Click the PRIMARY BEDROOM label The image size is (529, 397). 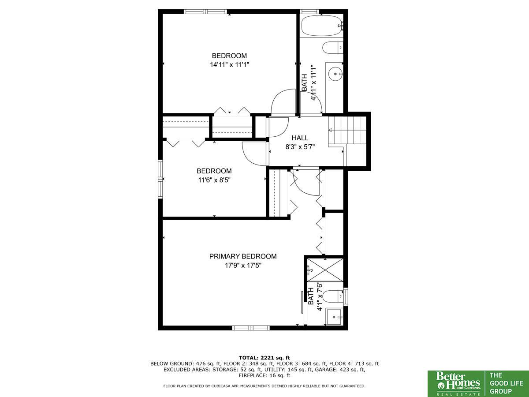pyautogui.click(x=243, y=256)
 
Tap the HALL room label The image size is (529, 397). pyautogui.click(x=300, y=138)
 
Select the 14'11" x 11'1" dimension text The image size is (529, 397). pyautogui.click(x=229, y=64)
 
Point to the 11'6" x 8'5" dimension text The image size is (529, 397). pyautogui.click(x=214, y=180)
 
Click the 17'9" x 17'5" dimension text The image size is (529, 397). pyautogui.click(x=243, y=266)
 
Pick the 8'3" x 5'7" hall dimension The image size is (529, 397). pyautogui.click(x=300, y=147)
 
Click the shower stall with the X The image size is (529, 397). pyautogui.click(x=325, y=270)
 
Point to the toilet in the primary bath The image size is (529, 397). pyautogui.click(x=333, y=297)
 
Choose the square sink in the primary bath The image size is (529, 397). pyautogui.click(x=334, y=317)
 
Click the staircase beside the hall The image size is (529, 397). pyautogui.click(x=347, y=131)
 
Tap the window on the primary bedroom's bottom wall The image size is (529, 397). pyautogui.click(x=251, y=328)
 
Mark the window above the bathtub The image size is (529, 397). pyautogui.click(x=309, y=11)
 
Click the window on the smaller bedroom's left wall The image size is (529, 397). pyautogui.click(x=160, y=179)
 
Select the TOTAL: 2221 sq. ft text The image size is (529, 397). pyautogui.click(x=264, y=358)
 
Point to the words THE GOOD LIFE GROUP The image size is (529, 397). pyautogui.click(x=506, y=383)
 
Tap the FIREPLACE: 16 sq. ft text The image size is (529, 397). pyautogui.click(x=264, y=375)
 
